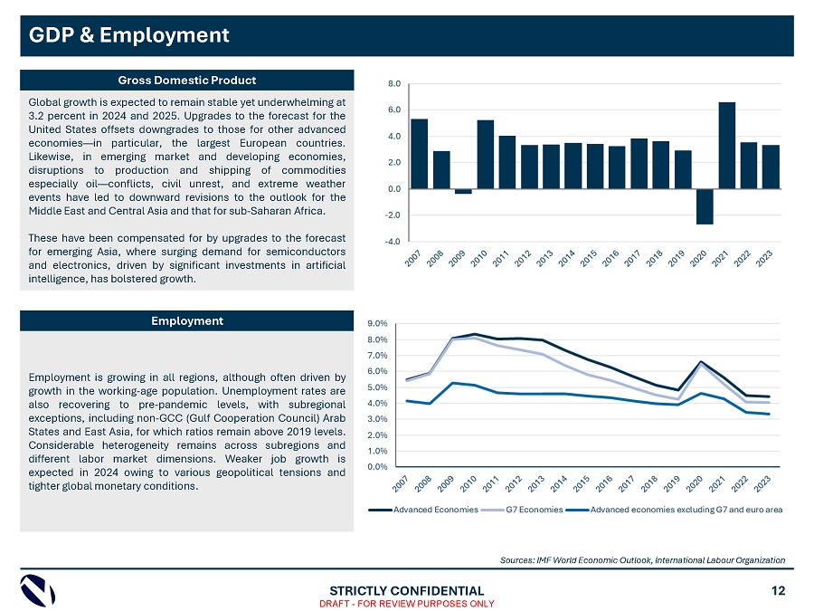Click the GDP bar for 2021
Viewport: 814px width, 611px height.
pos(726,145)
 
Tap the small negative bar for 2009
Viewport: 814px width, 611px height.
pos(463,191)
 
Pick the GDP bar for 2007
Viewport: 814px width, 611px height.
pos(419,154)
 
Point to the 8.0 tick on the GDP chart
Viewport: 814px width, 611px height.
pos(395,83)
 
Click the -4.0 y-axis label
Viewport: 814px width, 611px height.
pos(394,242)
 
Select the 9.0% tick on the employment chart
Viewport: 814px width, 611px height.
pos(377,323)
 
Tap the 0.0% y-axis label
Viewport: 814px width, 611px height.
pos(377,466)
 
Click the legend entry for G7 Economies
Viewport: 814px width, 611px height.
pos(534,510)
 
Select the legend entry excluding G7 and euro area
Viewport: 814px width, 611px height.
pos(686,510)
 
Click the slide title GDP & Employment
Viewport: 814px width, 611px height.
pos(129,35)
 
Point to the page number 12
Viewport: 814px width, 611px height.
pos(779,590)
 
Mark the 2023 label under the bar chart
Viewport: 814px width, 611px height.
pos(765,258)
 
